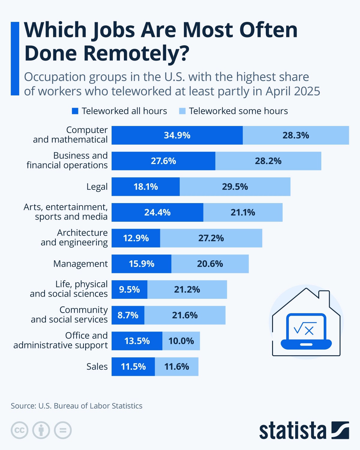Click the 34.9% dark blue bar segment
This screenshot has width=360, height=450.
pos(177,135)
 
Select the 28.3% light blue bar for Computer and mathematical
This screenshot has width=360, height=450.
pos(296,135)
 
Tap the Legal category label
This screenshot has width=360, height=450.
pos(97,187)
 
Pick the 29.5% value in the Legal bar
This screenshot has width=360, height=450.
pos(235,187)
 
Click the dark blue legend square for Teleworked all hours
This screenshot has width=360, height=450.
pos(75,111)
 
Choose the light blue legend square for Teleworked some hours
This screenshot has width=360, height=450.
pos(182,111)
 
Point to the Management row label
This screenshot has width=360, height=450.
pos(80,264)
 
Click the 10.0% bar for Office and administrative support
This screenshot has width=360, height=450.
pos(181,341)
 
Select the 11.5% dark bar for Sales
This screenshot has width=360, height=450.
pos(133,367)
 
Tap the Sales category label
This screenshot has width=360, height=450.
pos(97,367)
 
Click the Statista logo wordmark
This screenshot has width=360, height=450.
pos(292,430)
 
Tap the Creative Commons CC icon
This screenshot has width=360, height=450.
pos(19,430)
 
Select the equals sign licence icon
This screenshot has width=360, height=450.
pos(63,430)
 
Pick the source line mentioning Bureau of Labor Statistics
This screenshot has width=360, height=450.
pos(76,406)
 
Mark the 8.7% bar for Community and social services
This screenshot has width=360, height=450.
pos(128,315)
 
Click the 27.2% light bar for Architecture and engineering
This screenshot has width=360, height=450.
pos(211,238)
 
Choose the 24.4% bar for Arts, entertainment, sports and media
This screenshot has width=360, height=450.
pos(157,212)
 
